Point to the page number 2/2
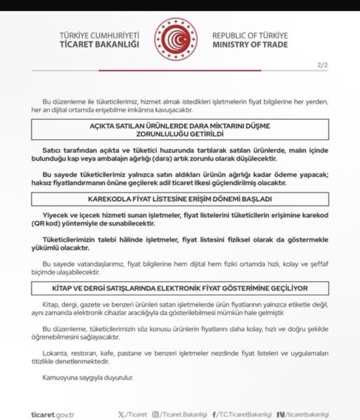[322, 66]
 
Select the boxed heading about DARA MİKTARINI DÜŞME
[180, 131]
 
